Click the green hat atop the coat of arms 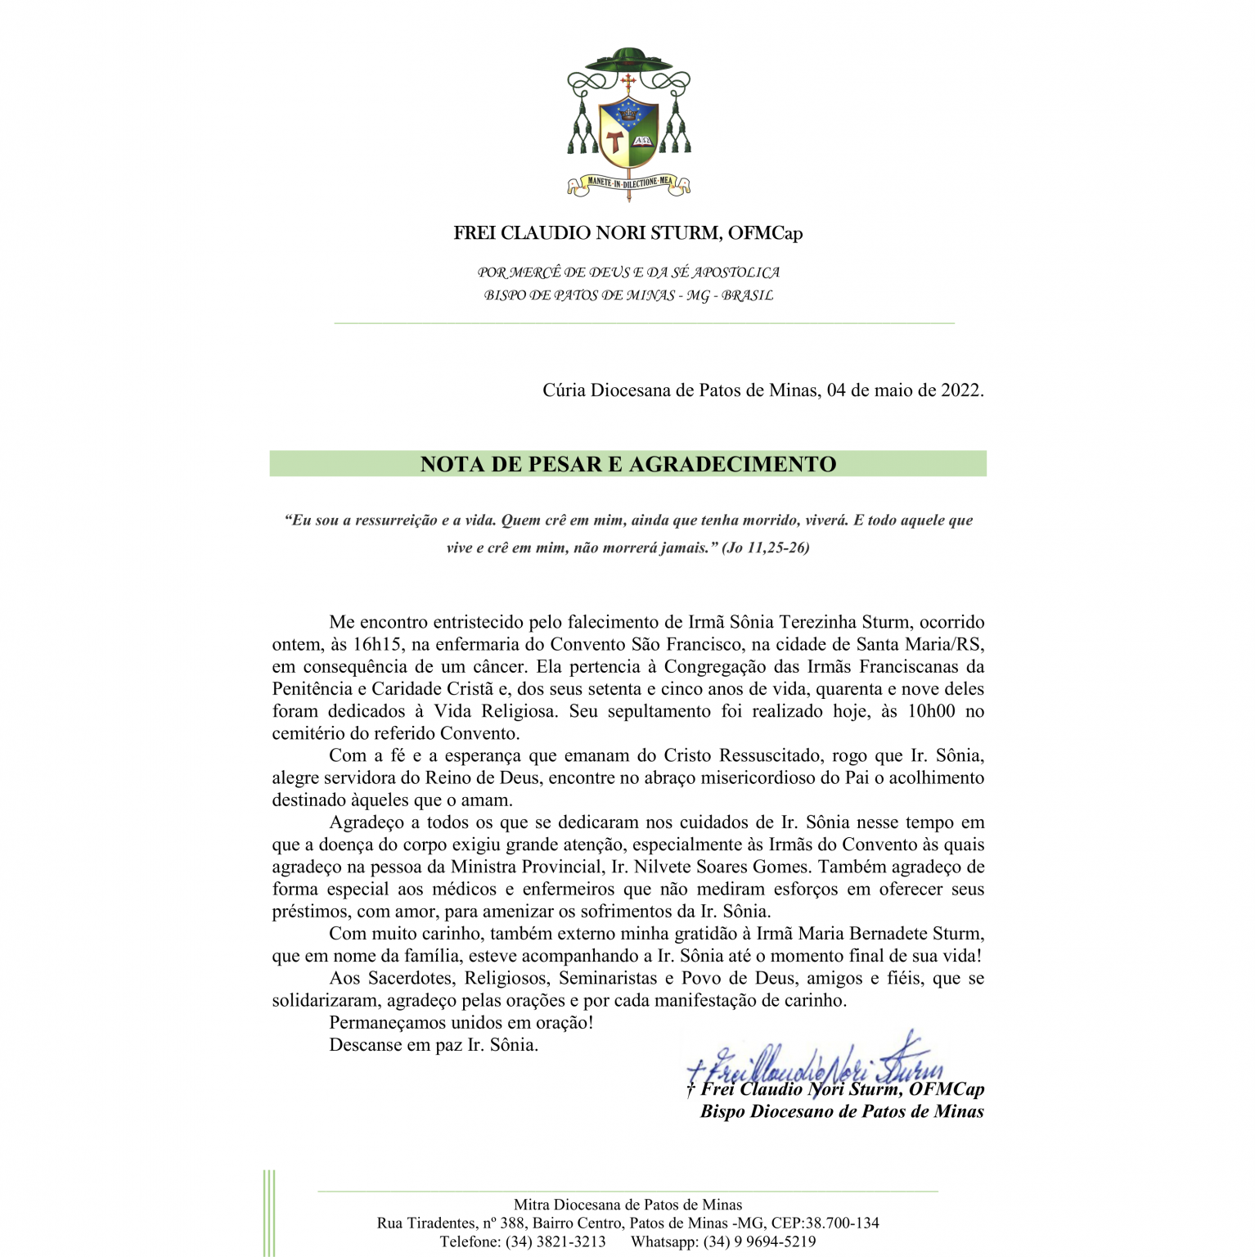click(x=628, y=59)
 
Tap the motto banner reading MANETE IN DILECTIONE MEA click(x=629, y=182)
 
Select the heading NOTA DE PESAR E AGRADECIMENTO click(x=627, y=464)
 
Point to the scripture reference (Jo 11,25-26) click(x=765, y=547)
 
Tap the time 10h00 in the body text click(x=931, y=711)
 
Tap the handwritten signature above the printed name click(x=818, y=1061)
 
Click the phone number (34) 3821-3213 click(x=556, y=1241)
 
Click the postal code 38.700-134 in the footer click(x=842, y=1223)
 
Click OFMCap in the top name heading click(x=765, y=233)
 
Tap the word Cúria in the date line click(x=564, y=390)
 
